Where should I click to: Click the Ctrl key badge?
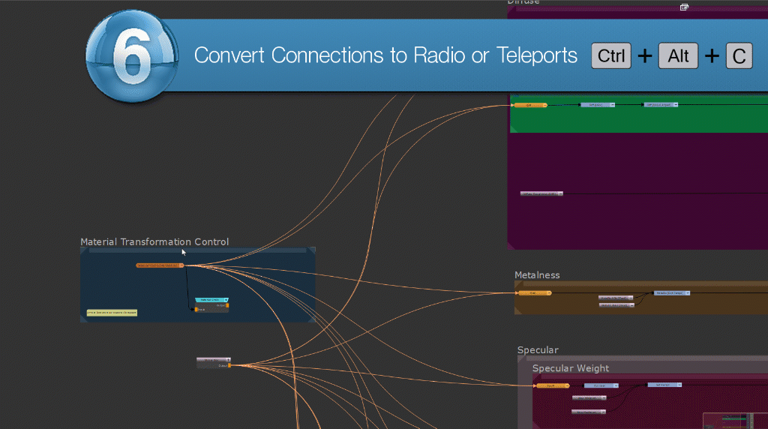611,56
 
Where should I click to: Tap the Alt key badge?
678,56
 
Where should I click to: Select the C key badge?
739,56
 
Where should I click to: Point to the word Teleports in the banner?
537,55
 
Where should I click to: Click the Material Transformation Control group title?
154,242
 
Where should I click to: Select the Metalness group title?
537,275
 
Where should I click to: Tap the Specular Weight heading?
571,368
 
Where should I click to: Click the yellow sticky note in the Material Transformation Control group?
112,312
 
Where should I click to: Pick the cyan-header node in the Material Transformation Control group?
211,300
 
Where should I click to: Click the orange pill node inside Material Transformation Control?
160,265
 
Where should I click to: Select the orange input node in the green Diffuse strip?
529,105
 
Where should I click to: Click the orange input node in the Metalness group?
534,292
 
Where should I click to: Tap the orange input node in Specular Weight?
547,385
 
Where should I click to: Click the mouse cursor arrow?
183,252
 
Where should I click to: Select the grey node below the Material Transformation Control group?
213,361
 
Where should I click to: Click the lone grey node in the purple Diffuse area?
540,193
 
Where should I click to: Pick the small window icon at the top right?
684,7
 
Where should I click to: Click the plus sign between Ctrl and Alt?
644,56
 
